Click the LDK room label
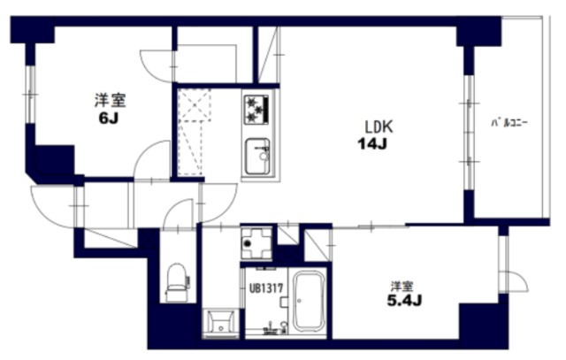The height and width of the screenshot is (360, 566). tap(379, 126)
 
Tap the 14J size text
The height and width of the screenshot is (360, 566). tap(372, 144)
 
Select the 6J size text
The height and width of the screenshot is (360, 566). tap(109, 119)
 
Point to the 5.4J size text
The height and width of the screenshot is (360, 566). tap(404, 301)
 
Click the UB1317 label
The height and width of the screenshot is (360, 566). tap(266, 288)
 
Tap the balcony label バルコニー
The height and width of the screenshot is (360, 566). tap(509, 123)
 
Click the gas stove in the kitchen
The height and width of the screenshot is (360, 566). tap(256, 110)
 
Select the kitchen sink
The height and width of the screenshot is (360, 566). tap(257, 157)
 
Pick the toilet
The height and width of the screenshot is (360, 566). tap(178, 283)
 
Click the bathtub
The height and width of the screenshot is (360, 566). tap(308, 302)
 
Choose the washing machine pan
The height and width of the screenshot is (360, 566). tap(256, 243)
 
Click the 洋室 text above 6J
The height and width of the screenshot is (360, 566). tap(110, 100)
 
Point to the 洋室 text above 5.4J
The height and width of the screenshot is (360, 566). tap(402, 287)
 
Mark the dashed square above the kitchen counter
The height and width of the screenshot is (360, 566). tap(195, 104)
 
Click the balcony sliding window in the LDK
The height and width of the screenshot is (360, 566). tap(469, 132)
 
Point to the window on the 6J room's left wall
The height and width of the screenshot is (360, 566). tap(30, 95)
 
